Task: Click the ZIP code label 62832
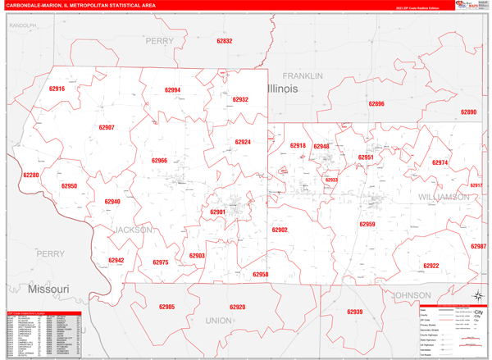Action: pyautogui.click(x=224, y=41)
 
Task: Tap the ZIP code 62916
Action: pyautogui.click(x=57, y=89)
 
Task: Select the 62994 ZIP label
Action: pyautogui.click(x=172, y=90)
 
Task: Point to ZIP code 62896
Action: pyautogui.click(x=376, y=104)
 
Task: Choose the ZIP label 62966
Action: pyautogui.click(x=159, y=161)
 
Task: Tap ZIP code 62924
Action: pyautogui.click(x=243, y=142)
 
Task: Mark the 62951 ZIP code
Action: pyautogui.click(x=366, y=157)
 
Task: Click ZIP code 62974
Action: pyautogui.click(x=440, y=163)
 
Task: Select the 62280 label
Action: pyautogui.click(x=31, y=175)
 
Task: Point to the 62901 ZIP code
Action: pyautogui.click(x=218, y=212)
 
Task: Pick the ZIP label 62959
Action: pyautogui.click(x=367, y=224)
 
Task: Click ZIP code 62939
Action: pyautogui.click(x=354, y=312)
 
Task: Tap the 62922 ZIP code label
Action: pyautogui.click(x=431, y=266)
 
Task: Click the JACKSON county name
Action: pyautogui.click(x=133, y=230)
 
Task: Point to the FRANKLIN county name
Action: pyautogui.click(x=303, y=75)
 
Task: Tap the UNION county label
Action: pyautogui.click(x=218, y=321)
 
